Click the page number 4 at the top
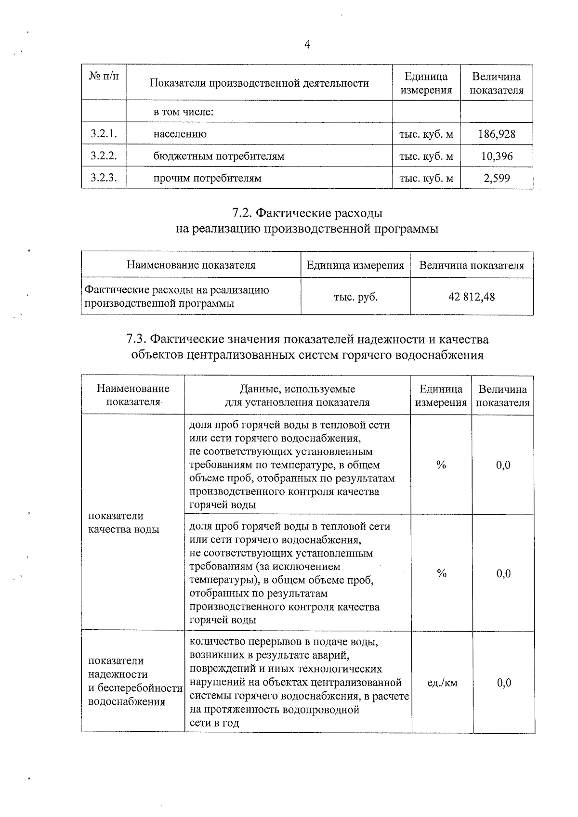pos(307,45)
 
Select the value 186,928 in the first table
pos(497,134)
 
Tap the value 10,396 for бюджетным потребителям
pos(497,156)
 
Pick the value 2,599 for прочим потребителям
pos(497,179)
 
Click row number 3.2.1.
pos(104,134)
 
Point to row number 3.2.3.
pos(104,179)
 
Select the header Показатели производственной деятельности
pos(259,83)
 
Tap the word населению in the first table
pos(180,134)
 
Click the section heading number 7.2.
pos(241,213)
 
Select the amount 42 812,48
pos(472,297)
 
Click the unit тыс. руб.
pos(355,297)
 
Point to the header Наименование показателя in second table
pos(191,265)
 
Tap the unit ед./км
pos(442,683)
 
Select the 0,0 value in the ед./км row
pos(504,683)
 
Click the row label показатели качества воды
pos(124,523)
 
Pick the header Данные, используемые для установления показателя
pos(297,396)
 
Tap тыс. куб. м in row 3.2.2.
pos(426,156)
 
